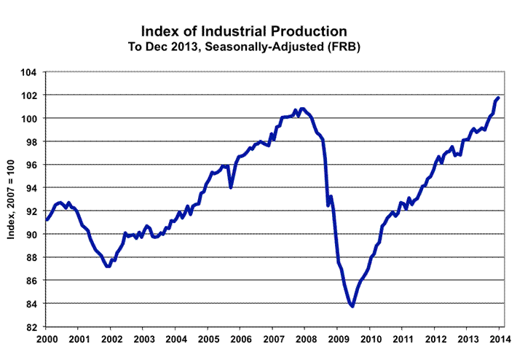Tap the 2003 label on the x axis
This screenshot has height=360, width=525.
click(143, 340)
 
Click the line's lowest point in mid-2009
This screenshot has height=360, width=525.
click(352, 306)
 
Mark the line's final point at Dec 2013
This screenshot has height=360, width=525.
click(498, 98)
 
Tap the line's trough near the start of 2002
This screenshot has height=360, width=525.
click(108, 267)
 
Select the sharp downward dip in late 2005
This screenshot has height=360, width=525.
click(231, 187)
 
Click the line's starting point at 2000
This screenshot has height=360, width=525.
click(47, 219)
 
